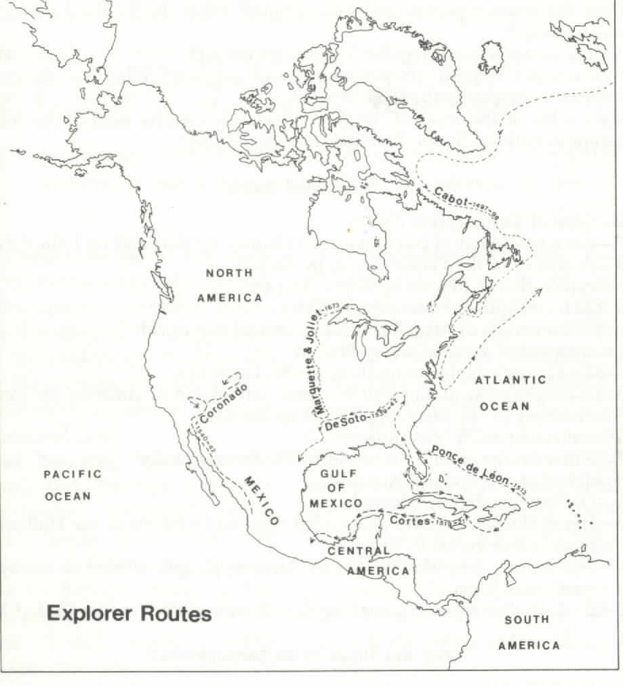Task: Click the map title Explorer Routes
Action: [x=129, y=615]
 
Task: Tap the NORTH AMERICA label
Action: [x=229, y=285]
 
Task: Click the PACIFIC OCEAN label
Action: [x=67, y=485]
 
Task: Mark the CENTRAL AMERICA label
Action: [x=370, y=561]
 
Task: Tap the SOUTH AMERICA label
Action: [x=529, y=632]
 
